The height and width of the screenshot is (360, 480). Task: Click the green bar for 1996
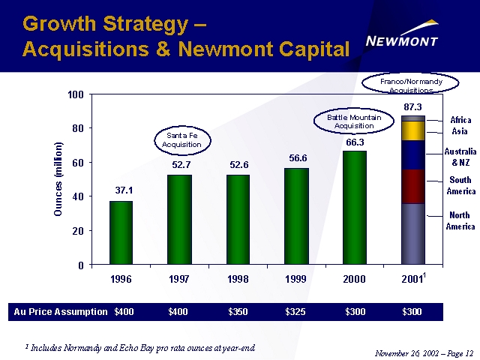[121, 232]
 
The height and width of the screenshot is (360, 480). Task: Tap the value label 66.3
[355, 142]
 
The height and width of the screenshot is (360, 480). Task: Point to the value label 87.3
[413, 107]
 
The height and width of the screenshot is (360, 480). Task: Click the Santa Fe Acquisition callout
[181, 139]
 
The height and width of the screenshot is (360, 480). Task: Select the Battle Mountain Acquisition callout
[355, 121]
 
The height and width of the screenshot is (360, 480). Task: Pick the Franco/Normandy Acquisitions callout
[411, 84]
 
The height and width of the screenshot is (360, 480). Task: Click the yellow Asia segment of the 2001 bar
[413, 130]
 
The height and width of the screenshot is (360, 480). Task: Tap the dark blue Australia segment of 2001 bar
[413, 155]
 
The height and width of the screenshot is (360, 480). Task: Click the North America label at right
[460, 221]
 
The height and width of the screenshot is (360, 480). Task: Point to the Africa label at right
[460, 120]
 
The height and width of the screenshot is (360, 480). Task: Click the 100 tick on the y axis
[76, 95]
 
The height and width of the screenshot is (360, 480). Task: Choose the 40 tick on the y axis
[78, 196]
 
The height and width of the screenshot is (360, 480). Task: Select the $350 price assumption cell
[238, 312]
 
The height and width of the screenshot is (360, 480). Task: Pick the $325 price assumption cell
[297, 312]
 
